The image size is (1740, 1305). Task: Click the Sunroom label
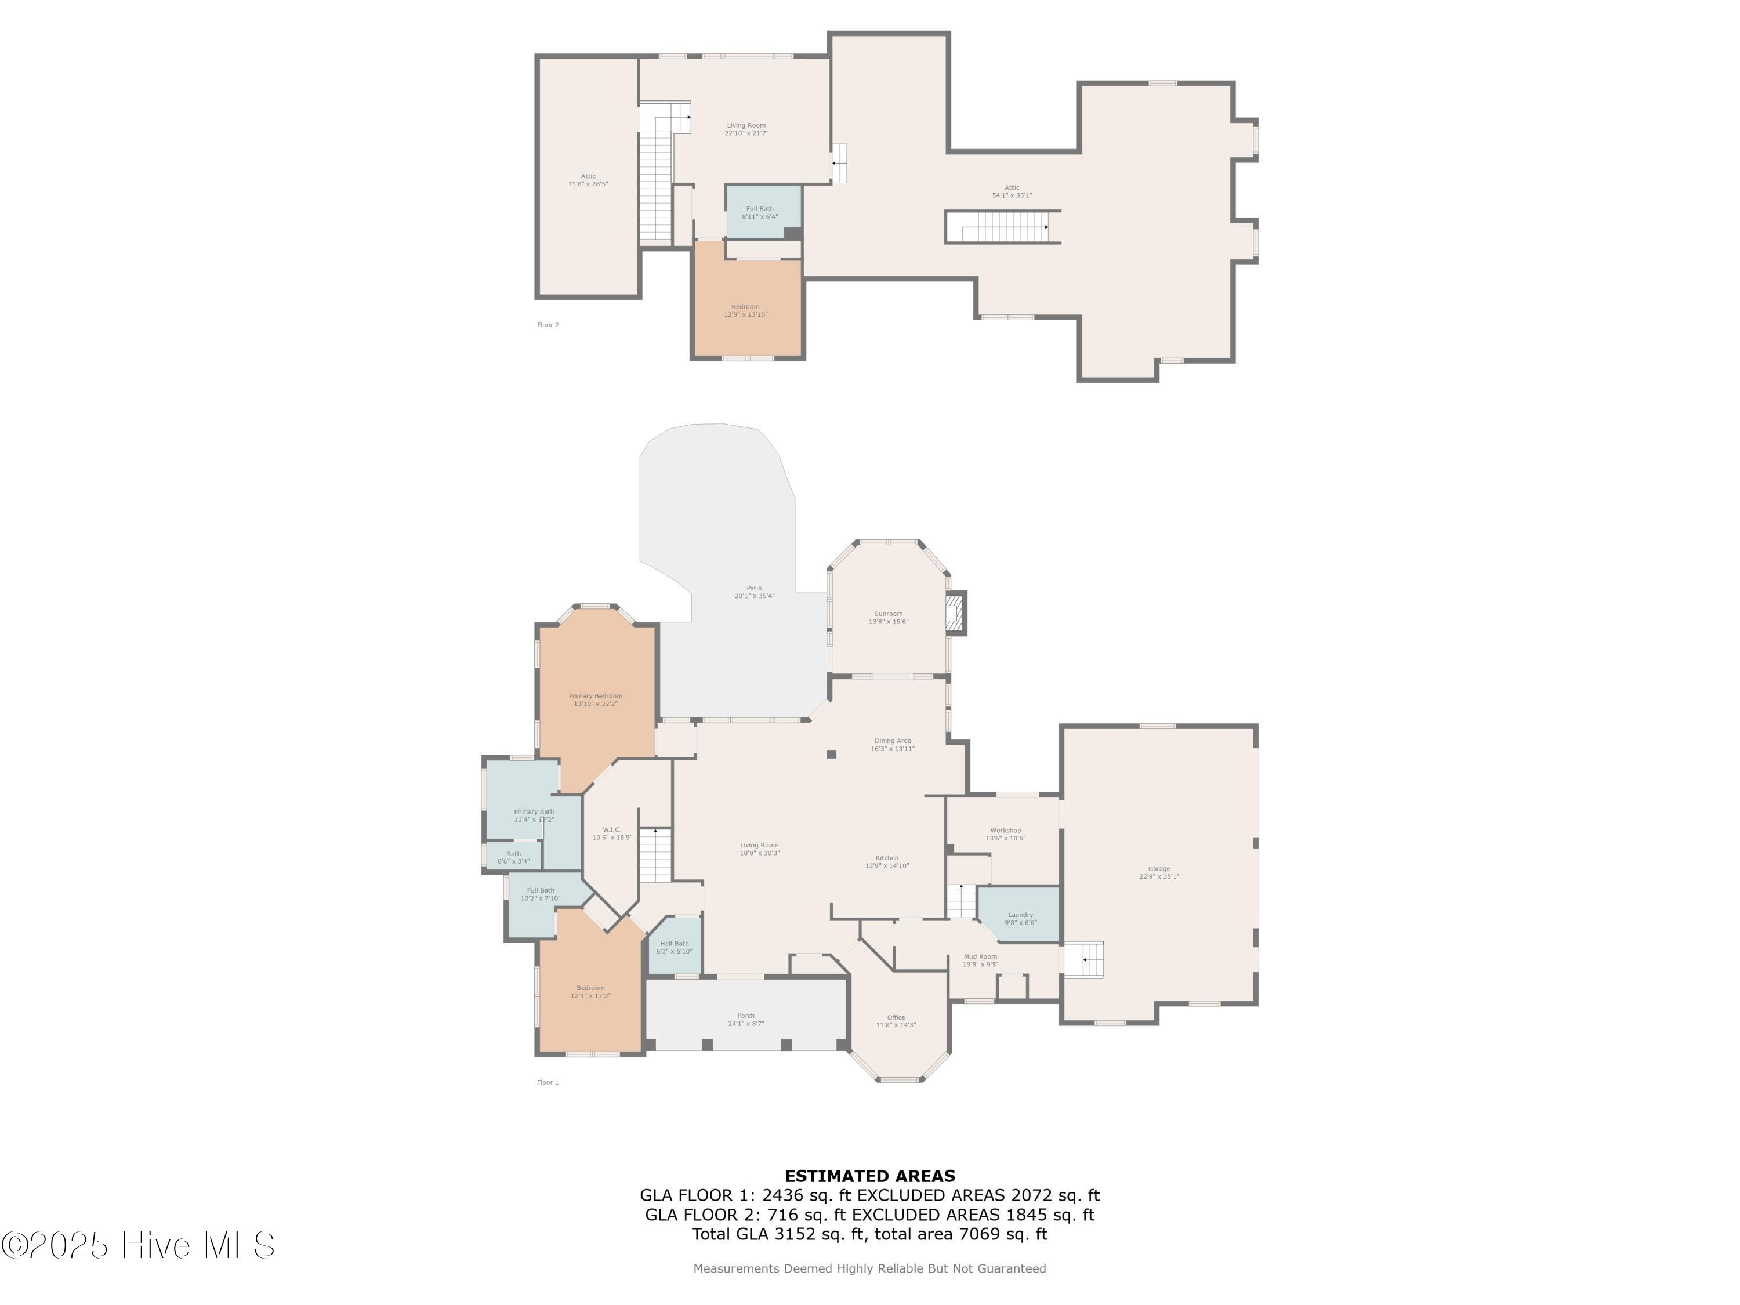click(x=888, y=614)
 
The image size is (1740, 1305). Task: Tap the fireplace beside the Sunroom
click(x=954, y=613)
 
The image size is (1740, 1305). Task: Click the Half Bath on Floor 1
click(x=674, y=947)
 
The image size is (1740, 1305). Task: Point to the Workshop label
click(x=1005, y=831)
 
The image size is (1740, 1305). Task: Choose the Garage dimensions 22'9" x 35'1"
click(x=1159, y=876)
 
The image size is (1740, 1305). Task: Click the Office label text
click(x=896, y=1017)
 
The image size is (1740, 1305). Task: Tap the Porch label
click(x=746, y=1016)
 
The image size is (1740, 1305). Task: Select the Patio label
click(x=753, y=588)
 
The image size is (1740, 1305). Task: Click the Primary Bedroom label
click(x=596, y=696)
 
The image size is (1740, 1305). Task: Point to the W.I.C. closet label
click(x=612, y=829)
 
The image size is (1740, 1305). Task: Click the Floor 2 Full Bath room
click(x=760, y=212)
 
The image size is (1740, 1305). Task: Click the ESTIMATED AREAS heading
click(x=870, y=1176)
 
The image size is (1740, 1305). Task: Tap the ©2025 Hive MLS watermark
click(x=137, y=1245)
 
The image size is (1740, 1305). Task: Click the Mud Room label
click(x=980, y=956)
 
